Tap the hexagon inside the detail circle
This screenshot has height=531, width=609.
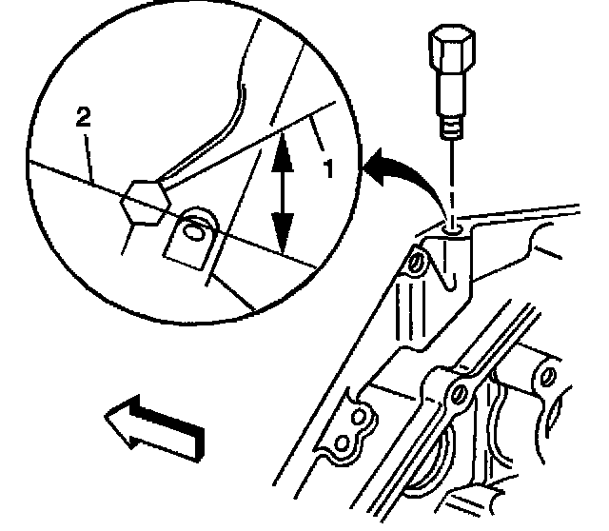pos(144,202)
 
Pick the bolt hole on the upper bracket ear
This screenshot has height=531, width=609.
pos(416,260)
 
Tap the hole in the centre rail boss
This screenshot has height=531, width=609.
pos(460,393)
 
